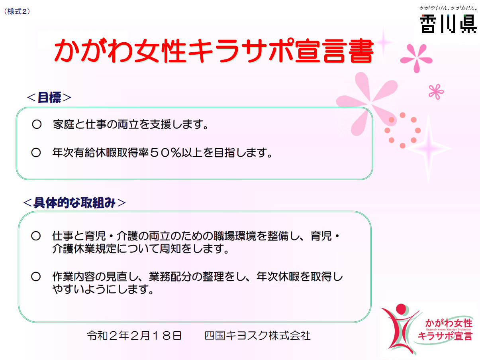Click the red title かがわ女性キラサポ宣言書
click(214, 51)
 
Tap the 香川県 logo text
click(447, 24)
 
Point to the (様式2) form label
click(17, 12)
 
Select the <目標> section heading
click(49, 97)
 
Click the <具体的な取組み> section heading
click(74, 203)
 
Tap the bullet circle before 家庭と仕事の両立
click(37, 124)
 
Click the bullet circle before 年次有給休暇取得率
click(36, 153)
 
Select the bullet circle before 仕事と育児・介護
click(36, 236)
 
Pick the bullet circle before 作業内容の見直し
click(36, 277)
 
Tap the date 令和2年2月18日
click(134, 336)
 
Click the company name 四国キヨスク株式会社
click(257, 336)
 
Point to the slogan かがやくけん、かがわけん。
click(448, 8)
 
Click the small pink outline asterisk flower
click(436, 92)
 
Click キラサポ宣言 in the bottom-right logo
click(445, 336)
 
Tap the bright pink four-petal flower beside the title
click(416, 59)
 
